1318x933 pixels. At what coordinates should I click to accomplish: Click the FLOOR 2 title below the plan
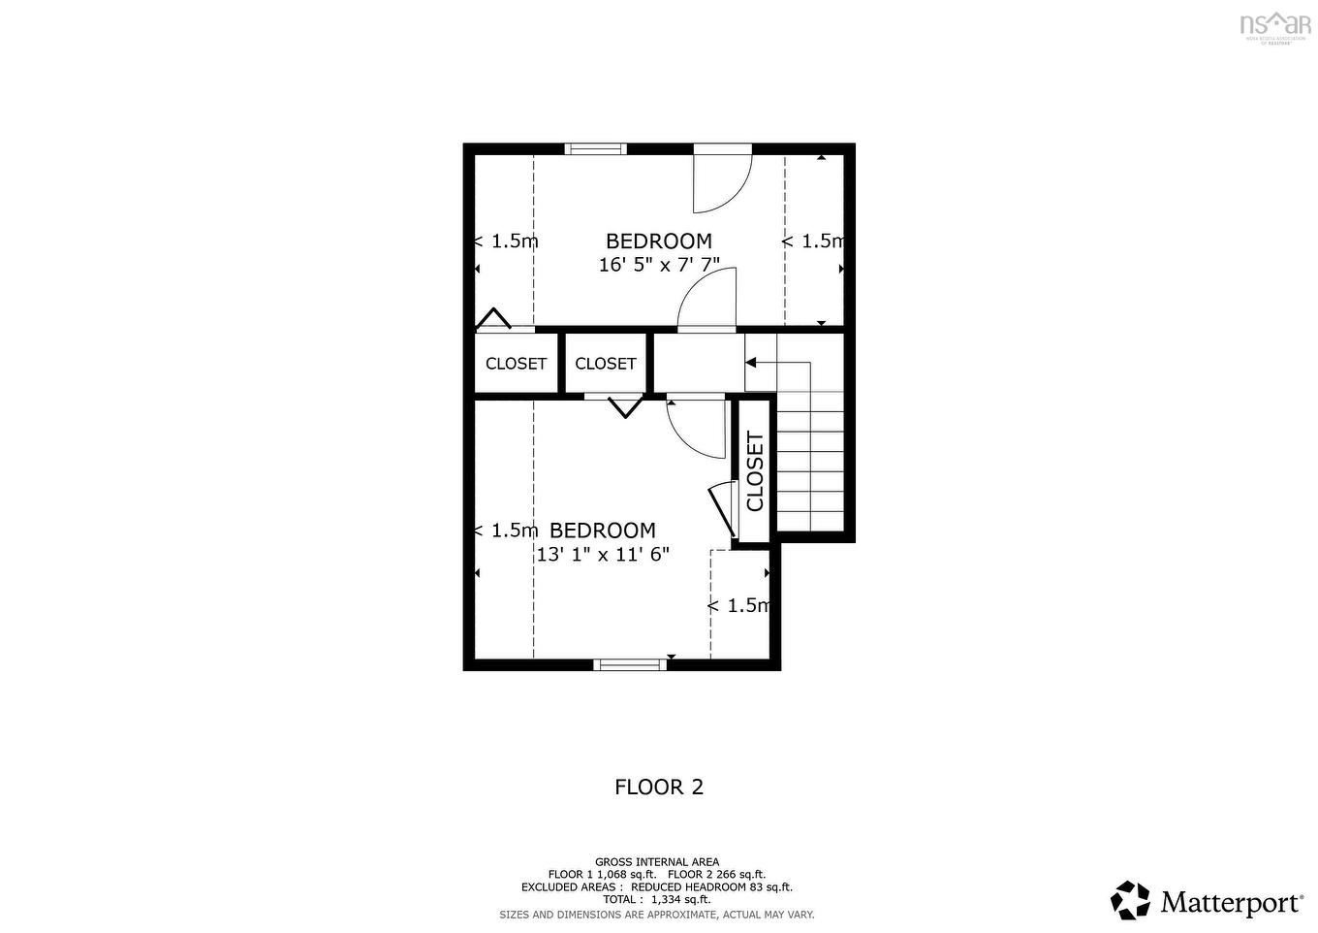click(x=659, y=787)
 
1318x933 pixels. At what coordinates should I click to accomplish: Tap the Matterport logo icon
click(x=1130, y=900)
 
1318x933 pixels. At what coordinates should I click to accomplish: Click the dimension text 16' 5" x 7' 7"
click(x=659, y=264)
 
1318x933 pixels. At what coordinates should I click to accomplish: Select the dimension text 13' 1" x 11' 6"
click(x=603, y=554)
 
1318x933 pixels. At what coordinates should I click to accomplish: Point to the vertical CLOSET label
click(x=755, y=471)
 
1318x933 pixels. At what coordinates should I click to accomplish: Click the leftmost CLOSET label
click(x=516, y=364)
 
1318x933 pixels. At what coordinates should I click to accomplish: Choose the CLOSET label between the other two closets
click(x=606, y=364)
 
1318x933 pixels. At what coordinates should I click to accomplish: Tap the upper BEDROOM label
click(x=659, y=241)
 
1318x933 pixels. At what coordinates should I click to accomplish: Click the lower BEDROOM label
click(x=603, y=531)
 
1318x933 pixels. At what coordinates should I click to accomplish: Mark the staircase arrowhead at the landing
click(x=751, y=363)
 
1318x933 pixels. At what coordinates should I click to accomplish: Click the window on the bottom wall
click(x=630, y=664)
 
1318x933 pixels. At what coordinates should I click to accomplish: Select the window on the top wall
click(x=596, y=148)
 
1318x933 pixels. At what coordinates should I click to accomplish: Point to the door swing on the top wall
click(x=721, y=179)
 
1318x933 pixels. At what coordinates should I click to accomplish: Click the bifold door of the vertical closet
click(x=722, y=507)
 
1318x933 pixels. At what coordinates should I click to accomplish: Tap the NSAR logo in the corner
click(x=1275, y=24)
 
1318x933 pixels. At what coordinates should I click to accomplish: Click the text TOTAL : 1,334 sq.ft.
click(x=657, y=900)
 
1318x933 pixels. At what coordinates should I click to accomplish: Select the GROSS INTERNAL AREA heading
click(x=657, y=861)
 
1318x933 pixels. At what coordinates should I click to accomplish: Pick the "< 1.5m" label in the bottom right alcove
click(x=738, y=606)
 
